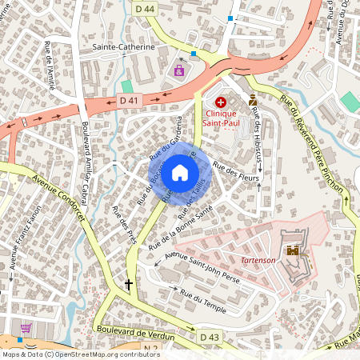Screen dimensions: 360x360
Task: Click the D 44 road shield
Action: pyautogui.click(x=145, y=8)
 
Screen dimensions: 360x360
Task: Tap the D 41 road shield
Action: pyautogui.click(x=129, y=100)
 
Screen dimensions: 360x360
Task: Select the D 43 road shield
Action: pyautogui.click(x=210, y=337)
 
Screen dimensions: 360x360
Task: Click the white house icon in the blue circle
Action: pyautogui.click(x=180, y=172)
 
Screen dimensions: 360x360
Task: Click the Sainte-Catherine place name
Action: pyautogui.click(x=123, y=48)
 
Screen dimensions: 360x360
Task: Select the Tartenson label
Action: pyautogui.click(x=258, y=261)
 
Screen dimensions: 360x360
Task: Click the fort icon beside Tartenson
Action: pyautogui.click(x=293, y=250)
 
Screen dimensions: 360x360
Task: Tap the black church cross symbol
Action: pyautogui.click(x=128, y=284)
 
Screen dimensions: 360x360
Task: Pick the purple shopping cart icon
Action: pyautogui.click(x=26, y=328)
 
